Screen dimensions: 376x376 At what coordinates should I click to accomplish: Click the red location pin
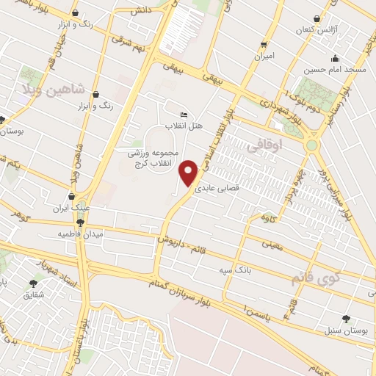(x=189, y=173)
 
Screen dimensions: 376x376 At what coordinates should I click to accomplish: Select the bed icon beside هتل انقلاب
(x=184, y=115)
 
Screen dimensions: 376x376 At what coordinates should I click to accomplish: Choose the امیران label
(x=264, y=56)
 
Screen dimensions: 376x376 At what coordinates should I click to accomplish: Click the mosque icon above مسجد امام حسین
(x=335, y=58)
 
